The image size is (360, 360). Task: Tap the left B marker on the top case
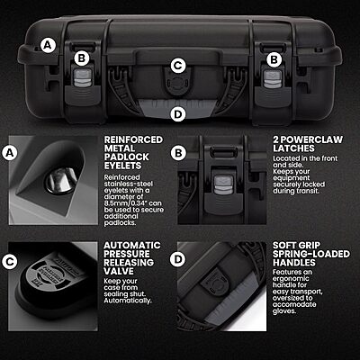coord(80,58)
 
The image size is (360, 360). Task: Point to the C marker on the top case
coord(178,65)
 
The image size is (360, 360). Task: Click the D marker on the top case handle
coord(178,113)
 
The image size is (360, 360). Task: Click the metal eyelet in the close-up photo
coord(58,183)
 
